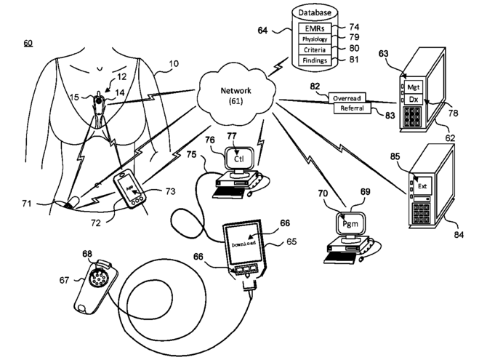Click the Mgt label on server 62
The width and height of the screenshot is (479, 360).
tap(414, 85)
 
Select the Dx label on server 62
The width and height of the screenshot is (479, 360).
tap(414, 99)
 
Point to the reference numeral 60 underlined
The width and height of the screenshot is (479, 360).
tap(28, 44)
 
